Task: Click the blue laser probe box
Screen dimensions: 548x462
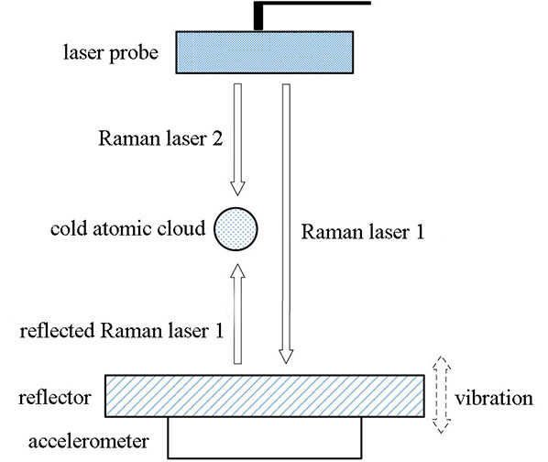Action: click(x=265, y=52)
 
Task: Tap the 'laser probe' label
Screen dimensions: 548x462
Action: click(x=111, y=53)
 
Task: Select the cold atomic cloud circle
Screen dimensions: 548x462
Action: click(x=236, y=229)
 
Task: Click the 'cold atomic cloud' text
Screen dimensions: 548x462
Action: click(x=128, y=229)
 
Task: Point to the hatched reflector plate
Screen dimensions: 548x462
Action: click(x=265, y=396)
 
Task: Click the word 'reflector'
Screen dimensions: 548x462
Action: click(x=55, y=398)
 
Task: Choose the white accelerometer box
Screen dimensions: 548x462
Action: click(x=265, y=437)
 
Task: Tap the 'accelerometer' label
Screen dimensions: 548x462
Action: click(x=89, y=442)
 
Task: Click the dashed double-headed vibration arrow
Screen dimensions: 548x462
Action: click(x=441, y=395)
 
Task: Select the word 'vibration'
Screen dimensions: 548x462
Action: click(x=494, y=399)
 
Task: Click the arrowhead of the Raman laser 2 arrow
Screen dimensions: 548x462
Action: click(x=237, y=189)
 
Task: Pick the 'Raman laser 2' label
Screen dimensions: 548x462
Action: click(x=160, y=138)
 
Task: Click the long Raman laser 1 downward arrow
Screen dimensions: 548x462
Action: click(x=286, y=224)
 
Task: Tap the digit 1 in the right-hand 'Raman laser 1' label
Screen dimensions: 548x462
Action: click(x=420, y=232)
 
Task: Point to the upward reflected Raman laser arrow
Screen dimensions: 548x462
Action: click(x=237, y=313)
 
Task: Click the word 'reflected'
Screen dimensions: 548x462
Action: click(x=58, y=330)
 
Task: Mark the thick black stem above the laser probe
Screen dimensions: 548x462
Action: click(x=258, y=16)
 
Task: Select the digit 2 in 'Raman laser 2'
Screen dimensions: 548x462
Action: click(x=217, y=138)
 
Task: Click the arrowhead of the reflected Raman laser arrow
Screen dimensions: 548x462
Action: click(x=237, y=270)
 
